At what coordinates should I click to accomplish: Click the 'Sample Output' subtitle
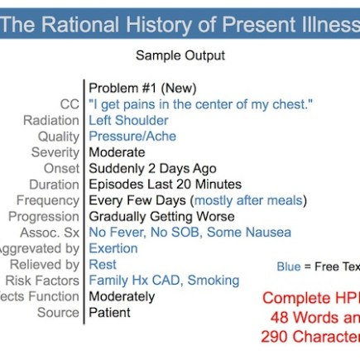pyautogui.click(x=180, y=56)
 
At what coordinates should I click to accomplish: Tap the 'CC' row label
pyautogui.click(x=70, y=104)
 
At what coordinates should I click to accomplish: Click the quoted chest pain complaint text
pyautogui.click(x=201, y=104)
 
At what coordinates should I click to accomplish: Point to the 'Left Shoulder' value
pyautogui.click(x=128, y=120)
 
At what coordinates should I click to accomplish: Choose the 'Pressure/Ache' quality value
pyautogui.click(x=132, y=137)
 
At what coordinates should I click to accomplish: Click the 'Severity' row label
pyautogui.click(x=55, y=152)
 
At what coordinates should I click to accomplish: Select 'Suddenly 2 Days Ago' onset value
pyautogui.click(x=153, y=169)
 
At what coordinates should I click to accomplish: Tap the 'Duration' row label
pyautogui.click(x=54, y=185)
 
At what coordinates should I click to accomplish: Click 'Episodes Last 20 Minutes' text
pyautogui.click(x=166, y=185)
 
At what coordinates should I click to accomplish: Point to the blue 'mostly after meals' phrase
pyautogui.click(x=248, y=200)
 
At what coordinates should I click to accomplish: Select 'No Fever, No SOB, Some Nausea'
pyautogui.click(x=190, y=233)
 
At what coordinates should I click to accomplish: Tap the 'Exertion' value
pyautogui.click(x=113, y=248)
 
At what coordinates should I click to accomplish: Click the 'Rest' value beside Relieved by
pyautogui.click(x=103, y=265)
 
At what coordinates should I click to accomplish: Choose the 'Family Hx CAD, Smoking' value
pyautogui.click(x=164, y=281)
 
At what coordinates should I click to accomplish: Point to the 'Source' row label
pyautogui.click(x=58, y=313)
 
